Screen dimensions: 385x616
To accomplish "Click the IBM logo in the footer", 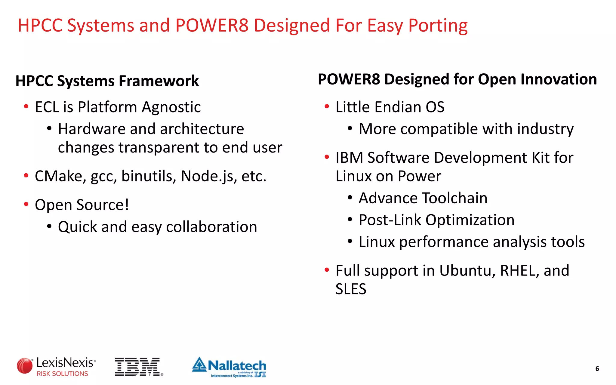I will (x=138, y=367).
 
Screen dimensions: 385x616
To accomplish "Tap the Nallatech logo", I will (x=229, y=367).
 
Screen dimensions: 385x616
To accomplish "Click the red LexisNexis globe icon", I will (x=24, y=366).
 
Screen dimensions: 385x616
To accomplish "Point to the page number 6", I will (x=597, y=369).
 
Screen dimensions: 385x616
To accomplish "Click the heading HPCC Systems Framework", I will (x=107, y=81).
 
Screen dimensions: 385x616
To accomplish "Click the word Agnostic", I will (x=171, y=107).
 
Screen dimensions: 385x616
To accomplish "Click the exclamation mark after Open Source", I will (x=127, y=205).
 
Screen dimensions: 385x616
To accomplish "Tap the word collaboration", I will (x=211, y=227).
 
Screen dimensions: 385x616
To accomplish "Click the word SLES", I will (x=351, y=289).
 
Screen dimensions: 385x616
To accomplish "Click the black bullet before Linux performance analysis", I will (x=350, y=241).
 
